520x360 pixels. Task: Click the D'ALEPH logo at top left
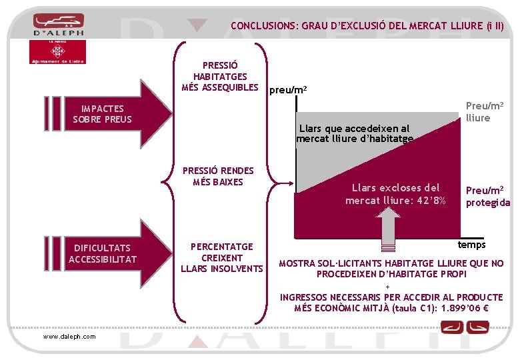(x=58, y=25)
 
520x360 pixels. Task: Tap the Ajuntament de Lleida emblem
(x=58, y=51)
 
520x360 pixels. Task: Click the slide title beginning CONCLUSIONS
(x=367, y=27)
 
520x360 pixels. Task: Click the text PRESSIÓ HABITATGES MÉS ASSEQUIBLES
(x=220, y=77)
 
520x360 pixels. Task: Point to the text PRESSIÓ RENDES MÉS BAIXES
(x=218, y=177)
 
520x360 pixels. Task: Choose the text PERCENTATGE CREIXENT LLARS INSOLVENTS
(x=222, y=257)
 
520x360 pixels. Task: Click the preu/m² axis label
(x=288, y=91)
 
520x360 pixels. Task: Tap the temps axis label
(x=471, y=245)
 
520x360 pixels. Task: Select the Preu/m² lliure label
(x=484, y=112)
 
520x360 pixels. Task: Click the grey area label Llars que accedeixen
(x=354, y=133)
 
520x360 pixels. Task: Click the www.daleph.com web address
(x=69, y=336)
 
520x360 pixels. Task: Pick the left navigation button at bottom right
(x=455, y=327)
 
